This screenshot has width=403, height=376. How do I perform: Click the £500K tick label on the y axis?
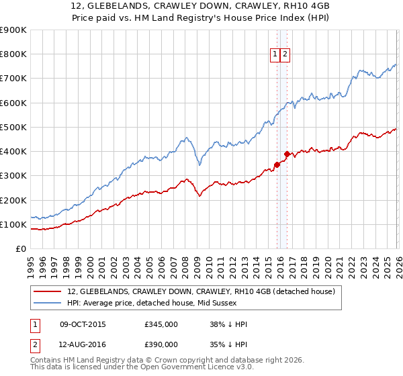click(x=13, y=127)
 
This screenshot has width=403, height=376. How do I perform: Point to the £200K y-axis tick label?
click(x=13, y=200)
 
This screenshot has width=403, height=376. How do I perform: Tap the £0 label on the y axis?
click(x=21, y=248)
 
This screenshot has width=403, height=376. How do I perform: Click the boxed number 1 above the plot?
click(x=275, y=55)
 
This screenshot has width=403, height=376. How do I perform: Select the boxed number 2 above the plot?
click(x=285, y=55)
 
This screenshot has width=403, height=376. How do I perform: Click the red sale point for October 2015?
click(x=277, y=164)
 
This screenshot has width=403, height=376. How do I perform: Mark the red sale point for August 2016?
click(x=287, y=154)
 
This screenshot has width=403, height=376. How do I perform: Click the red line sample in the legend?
click(x=48, y=291)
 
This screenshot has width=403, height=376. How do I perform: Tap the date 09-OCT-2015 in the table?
click(x=83, y=324)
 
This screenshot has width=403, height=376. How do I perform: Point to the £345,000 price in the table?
click(x=161, y=324)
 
